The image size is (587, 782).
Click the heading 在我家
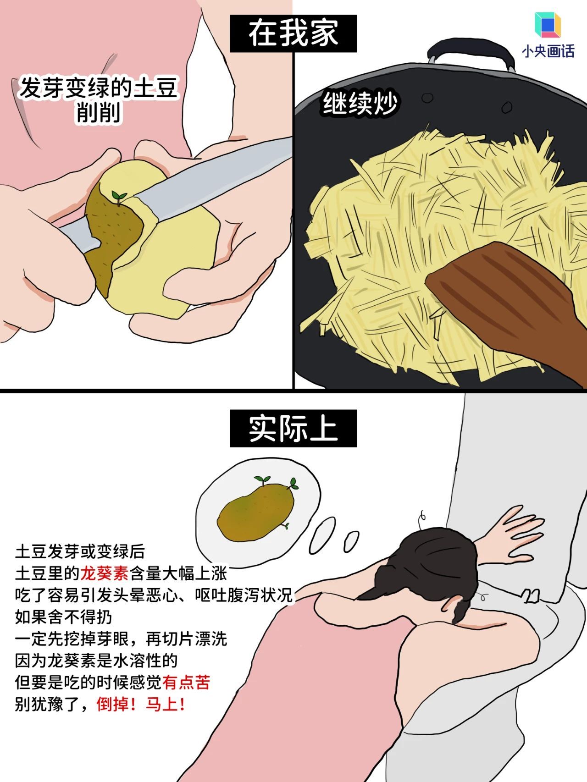pos(293,33)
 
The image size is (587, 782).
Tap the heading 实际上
pos(293,429)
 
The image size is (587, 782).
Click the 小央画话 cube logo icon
pos(548,26)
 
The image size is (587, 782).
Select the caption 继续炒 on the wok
pos(360,105)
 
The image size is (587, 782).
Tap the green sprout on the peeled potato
pos(119,197)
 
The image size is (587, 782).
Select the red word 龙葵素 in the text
pos(104,573)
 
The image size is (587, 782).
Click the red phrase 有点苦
pos(186,683)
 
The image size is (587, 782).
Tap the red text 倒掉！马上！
pos(140,705)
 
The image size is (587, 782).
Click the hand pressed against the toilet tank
pos(514,534)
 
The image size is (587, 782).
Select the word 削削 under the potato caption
pos(98,113)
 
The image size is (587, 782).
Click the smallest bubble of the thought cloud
pos(351,542)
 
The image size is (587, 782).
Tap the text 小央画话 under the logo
pos(548,51)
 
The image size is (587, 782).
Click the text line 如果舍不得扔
pos(63,617)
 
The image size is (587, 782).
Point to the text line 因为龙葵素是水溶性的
pos(96,661)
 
